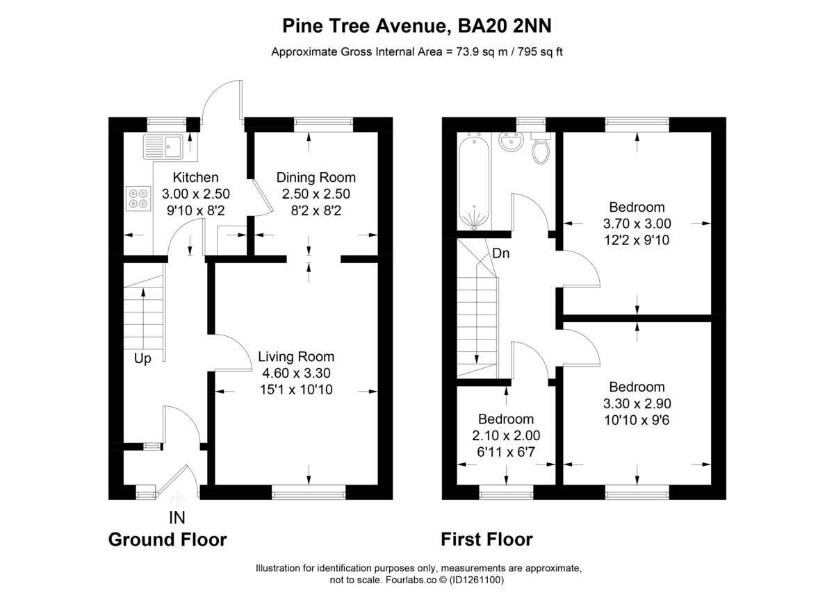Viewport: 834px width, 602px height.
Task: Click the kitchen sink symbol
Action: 163,146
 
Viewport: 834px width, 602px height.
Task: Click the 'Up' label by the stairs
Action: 142,358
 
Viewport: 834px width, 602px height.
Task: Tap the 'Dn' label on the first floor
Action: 500,253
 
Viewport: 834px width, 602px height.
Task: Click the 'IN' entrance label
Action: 177,517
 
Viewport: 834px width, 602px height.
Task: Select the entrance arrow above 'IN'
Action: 177,498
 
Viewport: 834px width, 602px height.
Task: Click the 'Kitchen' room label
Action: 195,178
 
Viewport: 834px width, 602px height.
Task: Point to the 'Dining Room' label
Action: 316,178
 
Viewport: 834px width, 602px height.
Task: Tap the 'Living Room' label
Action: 296,357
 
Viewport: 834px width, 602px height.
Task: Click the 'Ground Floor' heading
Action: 167,540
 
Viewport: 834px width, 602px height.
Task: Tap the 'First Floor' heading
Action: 486,540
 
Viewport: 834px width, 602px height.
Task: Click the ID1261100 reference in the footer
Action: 477,579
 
